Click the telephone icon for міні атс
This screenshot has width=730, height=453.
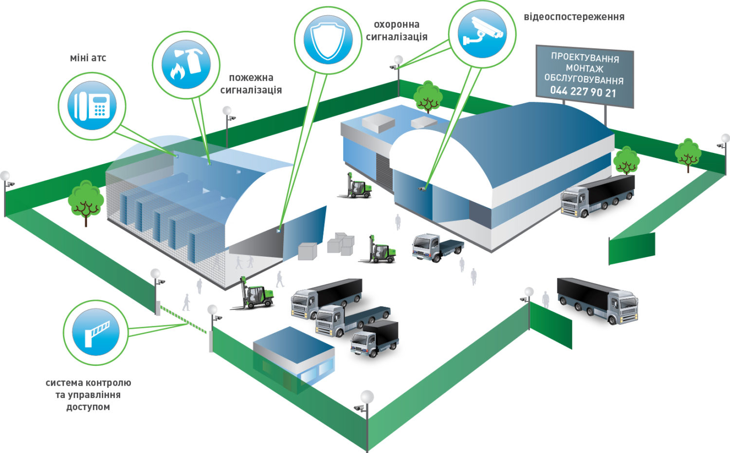(x=92, y=106)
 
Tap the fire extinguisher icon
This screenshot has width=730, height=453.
(x=186, y=64)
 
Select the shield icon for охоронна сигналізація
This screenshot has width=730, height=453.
(x=328, y=39)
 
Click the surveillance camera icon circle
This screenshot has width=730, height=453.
(x=482, y=33)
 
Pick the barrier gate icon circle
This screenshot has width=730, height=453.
(x=96, y=332)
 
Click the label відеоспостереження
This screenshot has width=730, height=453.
(x=574, y=17)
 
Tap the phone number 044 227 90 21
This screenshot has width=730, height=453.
(x=583, y=91)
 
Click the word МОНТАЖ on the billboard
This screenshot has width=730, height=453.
(x=584, y=69)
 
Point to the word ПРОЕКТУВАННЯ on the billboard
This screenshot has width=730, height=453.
(x=585, y=57)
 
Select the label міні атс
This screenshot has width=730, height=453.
(x=88, y=58)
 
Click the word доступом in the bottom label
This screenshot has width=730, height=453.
(x=88, y=407)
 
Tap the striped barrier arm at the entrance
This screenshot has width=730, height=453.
(x=183, y=320)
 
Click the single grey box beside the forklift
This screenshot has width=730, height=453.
(x=307, y=251)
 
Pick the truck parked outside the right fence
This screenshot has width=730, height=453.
(x=597, y=301)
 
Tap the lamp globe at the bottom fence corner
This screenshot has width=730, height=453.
(x=367, y=397)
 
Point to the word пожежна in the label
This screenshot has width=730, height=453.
(x=251, y=78)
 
